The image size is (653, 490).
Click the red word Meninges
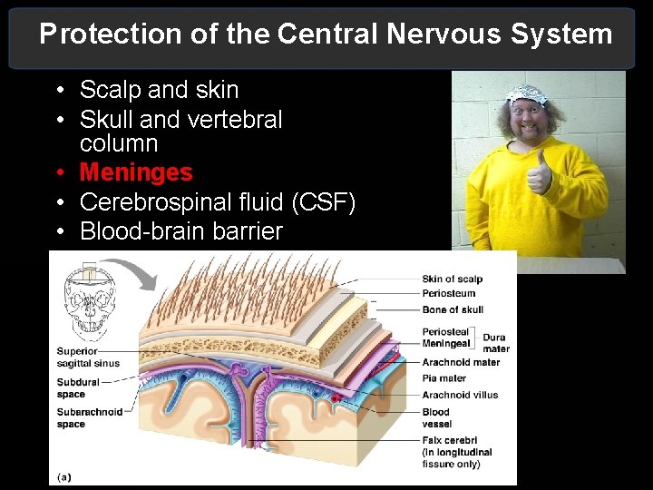[x=136, y=172]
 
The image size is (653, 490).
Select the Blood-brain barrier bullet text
[x=181, y=231]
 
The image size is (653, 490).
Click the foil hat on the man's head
[x=528, y=93]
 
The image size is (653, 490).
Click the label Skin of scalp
[x=452, y=279]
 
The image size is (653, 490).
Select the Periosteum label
[x=448, y=293]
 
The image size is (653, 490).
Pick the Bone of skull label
[x=453, y=309]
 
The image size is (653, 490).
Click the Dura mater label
[x=495, y=342]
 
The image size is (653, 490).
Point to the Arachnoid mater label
[x=460, y=362]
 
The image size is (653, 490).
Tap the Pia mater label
[x=443, y=378]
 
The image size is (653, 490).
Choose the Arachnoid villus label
[x=459, y=395]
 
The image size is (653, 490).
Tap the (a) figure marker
[x=65, y=475]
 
